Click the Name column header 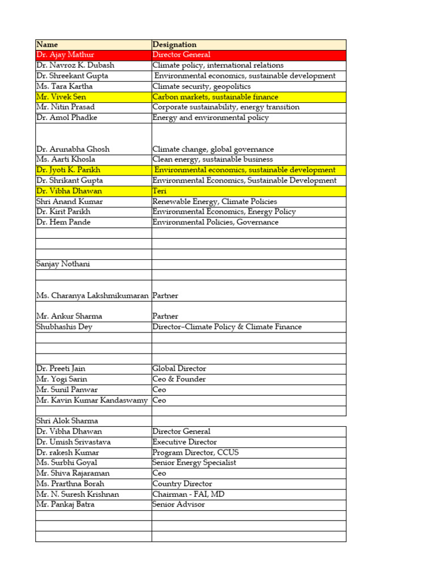tap(47, 44)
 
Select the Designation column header tap(174, 44)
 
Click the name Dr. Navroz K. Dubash tap(75, 65)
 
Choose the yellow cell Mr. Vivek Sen tap(61, 97)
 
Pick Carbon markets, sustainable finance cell tap(215, 97)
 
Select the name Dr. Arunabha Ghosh tap(73, 149)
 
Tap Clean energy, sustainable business tap(212, 160)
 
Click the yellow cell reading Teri tap(160, 191)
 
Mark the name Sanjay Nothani tap(63, 264)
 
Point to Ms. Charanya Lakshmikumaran tap(93, 296)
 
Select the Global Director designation tap(179, 368)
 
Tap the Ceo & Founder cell tap(179, 379)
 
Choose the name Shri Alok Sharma tap(67, 421)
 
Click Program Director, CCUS tap(195, 452)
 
